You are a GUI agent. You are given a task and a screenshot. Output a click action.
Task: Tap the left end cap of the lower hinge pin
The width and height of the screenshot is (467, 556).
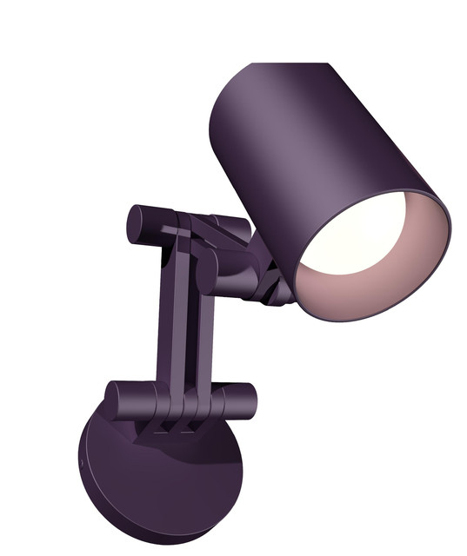(x=111, y=399)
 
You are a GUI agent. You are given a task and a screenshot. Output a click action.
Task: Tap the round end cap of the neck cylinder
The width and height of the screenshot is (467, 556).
(x=207, y=275)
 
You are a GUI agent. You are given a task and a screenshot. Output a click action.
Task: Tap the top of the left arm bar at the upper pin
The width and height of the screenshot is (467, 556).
(x=174, y=228)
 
